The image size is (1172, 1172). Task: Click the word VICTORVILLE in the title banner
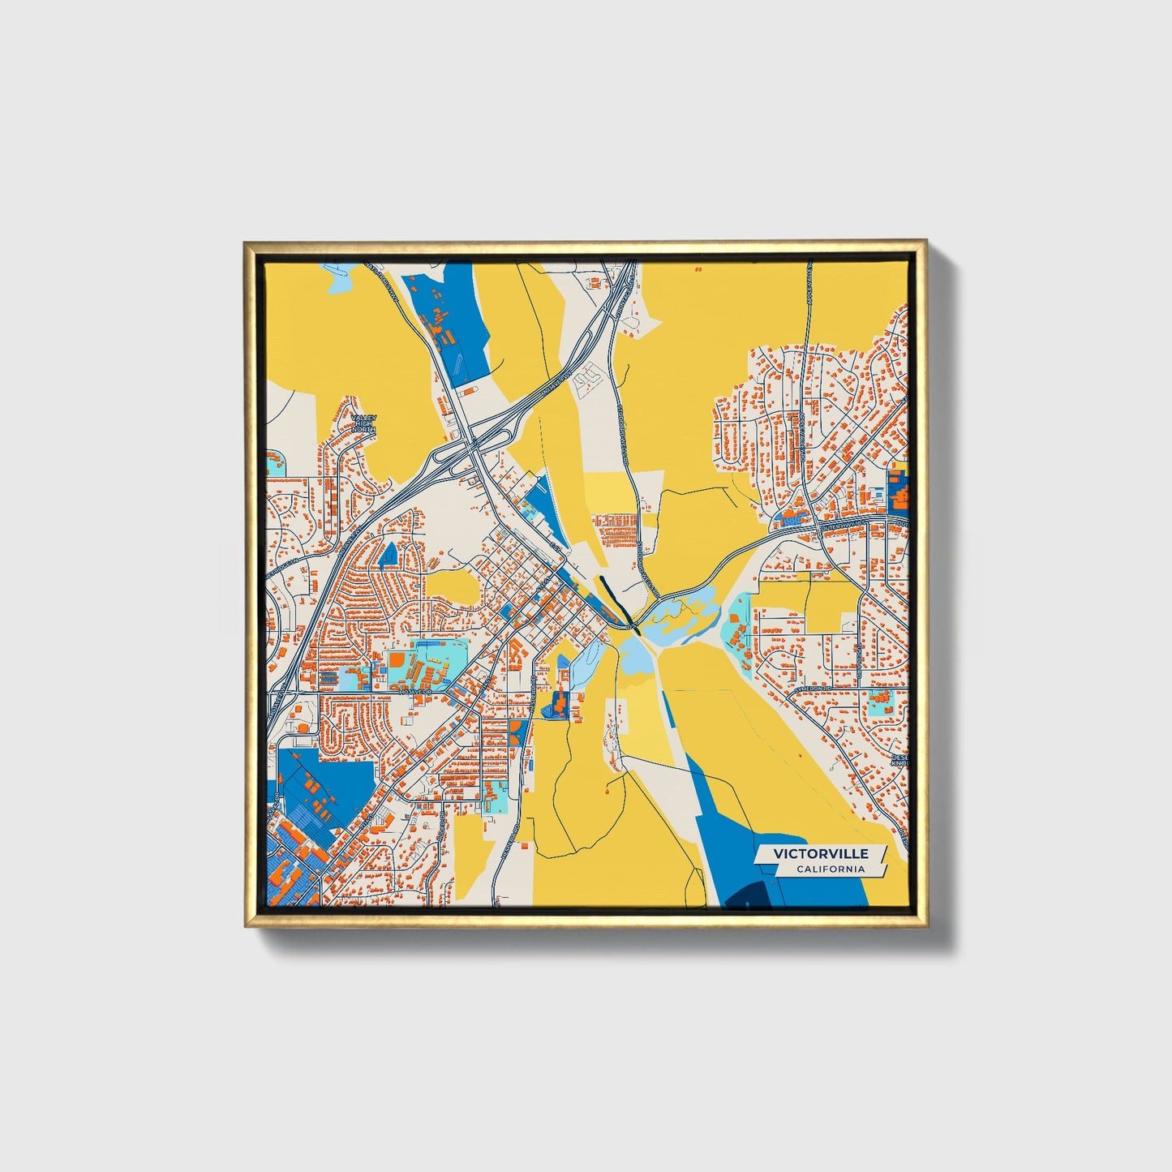pos(820,853)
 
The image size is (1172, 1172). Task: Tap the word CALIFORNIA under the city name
pos(829,869)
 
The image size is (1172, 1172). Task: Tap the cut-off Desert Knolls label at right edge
pos(900,758)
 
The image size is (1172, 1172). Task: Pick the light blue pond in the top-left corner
pos(339,280)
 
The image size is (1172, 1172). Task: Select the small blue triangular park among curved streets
pos(389,554)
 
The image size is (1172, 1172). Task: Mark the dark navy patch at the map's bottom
pos(746,895)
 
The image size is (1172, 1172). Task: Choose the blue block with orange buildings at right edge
pos(898,488)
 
